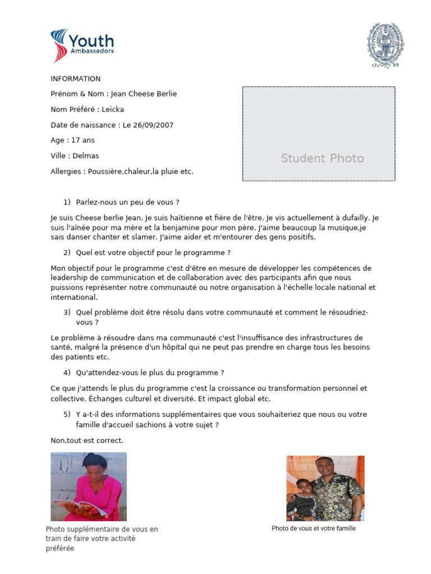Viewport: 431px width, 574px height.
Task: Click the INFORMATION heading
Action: coord(76,79)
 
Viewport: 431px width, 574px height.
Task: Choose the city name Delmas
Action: coord(86,156)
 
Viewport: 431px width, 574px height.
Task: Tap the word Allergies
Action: coord(66,172)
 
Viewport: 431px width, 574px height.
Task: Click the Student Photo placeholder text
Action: coord(322,159)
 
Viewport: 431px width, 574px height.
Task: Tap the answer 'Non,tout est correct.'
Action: coord(87,441)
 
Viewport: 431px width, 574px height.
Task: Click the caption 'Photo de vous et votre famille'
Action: coord(314,529)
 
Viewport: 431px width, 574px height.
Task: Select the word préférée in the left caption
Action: coord(59,549)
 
